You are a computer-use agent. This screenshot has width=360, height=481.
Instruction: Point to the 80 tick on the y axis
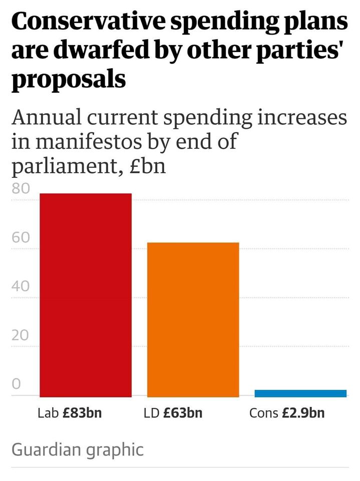click(x=21, y=189)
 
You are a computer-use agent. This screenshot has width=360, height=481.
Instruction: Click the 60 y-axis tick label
click(x=21, y=237)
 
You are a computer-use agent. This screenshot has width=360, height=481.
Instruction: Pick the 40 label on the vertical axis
click(x=21, y=287)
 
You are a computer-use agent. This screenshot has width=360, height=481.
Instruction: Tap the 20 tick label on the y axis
click(x=21, y=335)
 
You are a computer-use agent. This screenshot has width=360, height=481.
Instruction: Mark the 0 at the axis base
click(x=16, y=384)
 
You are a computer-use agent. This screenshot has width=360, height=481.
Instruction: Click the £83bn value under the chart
click(x=82, y=413)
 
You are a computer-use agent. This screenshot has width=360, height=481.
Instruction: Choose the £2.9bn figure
click(x=302, y=413)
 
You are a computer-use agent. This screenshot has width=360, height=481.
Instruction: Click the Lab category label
click(x=48, y=413)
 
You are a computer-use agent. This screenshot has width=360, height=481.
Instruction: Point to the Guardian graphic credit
click(x=77, y=449)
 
